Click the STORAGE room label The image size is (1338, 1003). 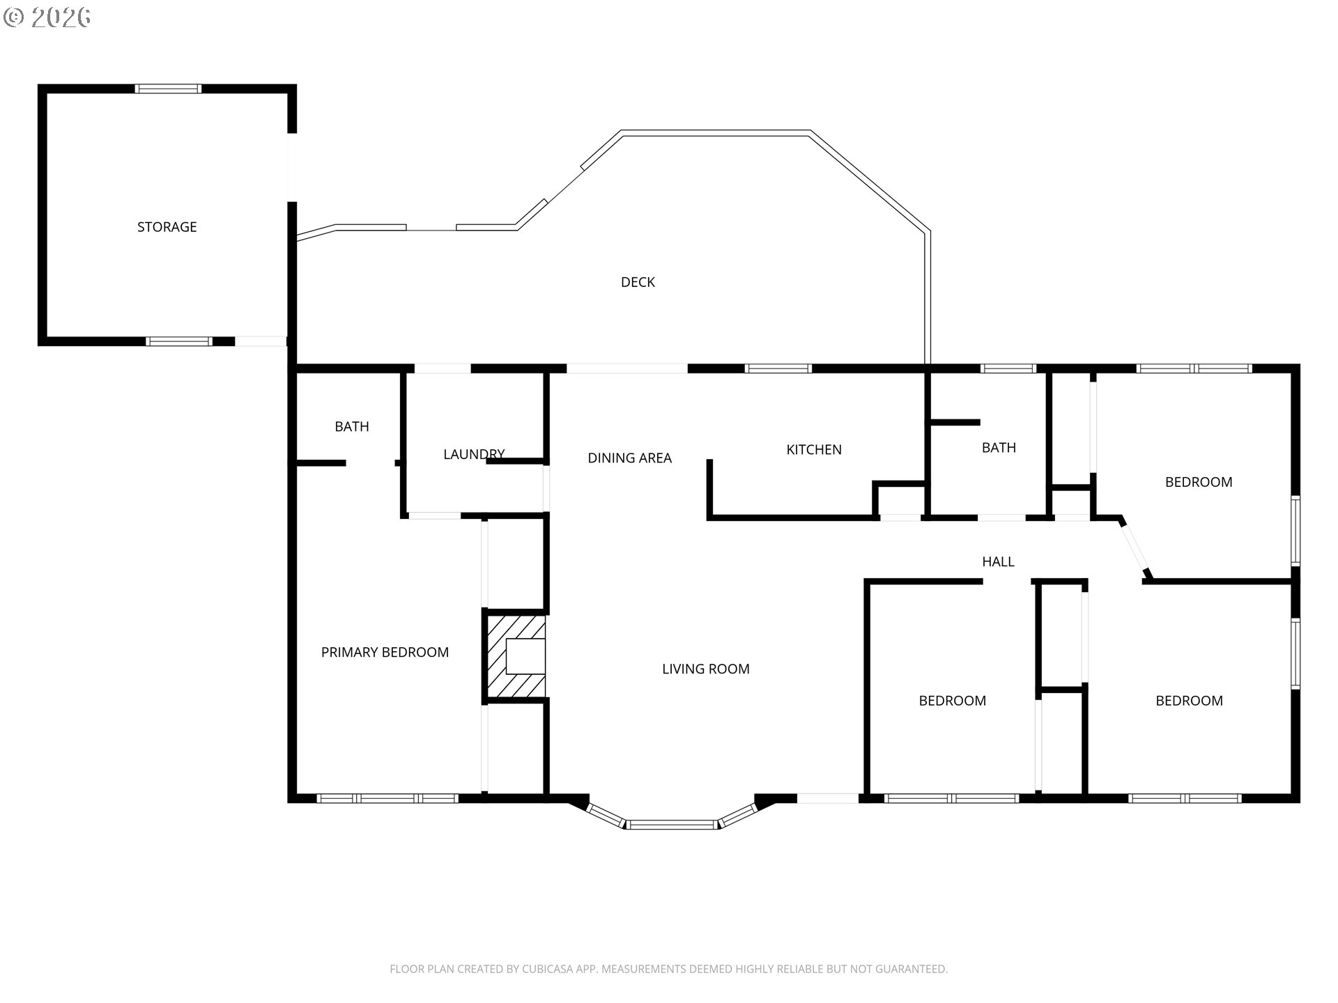coord(167,227)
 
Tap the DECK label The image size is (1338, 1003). coord(638,282)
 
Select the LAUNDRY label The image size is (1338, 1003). coord(474,454)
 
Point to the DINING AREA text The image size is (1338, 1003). coord(629,458)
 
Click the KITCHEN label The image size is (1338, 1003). coord(814,450)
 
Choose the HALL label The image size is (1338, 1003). coord(998,561)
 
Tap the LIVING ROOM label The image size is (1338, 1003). coord(706,669)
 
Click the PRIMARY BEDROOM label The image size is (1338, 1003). coord(385,653)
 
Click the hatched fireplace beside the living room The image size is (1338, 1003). coord(516,656)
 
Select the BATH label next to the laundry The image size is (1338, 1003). coord(352,427)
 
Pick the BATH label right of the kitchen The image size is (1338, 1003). coord(999,448)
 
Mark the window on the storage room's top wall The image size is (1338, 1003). coord(168,88)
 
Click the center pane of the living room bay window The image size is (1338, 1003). coord(672,825)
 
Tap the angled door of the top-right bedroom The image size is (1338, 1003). coord(1133,547)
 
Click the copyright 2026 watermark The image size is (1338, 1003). coord(47,17)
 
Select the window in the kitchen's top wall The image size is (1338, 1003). coord(778,368)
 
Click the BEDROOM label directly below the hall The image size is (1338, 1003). coord(953,701)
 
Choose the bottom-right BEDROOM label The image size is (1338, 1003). coord(1190,701)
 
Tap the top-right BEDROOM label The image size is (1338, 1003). coord(1199,482)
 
